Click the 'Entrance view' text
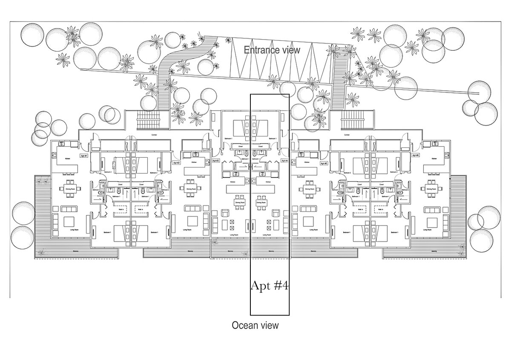[272, 50]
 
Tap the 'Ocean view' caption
[255, 326]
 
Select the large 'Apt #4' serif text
[270, 286]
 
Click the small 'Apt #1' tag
[83, 156]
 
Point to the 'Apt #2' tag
[176, 162]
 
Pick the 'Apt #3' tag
[215, 161]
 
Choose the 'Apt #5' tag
[323, 163]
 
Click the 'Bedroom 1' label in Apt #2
[154, 232]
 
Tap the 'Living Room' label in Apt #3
[234, 235]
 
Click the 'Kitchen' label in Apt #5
[305, 162]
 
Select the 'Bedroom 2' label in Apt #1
[108, 172]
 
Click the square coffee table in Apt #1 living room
[68, 221]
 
